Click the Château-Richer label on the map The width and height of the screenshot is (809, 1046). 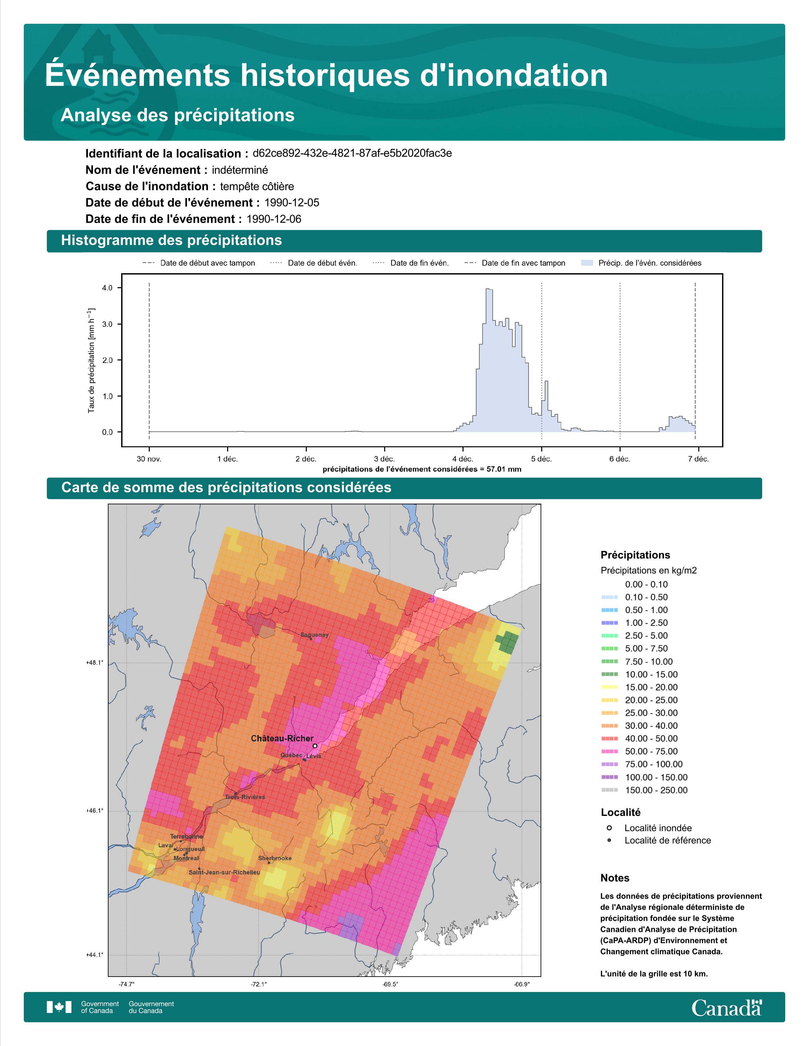(282, 739)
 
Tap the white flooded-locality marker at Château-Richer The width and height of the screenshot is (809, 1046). (315, 746)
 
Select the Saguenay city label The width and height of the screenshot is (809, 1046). (314, 635)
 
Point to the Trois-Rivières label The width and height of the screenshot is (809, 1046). (245, 797)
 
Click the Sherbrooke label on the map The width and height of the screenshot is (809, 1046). (275, 858)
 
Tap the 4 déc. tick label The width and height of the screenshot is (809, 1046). (463, 459)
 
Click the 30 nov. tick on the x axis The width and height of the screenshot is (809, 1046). (149, 459)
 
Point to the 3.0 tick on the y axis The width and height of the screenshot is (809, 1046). (107, 324)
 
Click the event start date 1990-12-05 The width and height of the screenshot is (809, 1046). (292, 203)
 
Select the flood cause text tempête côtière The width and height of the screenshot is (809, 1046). (257, 186)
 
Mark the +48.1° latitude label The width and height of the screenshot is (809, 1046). (95, 663)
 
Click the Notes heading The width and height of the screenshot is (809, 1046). (615, 878)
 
